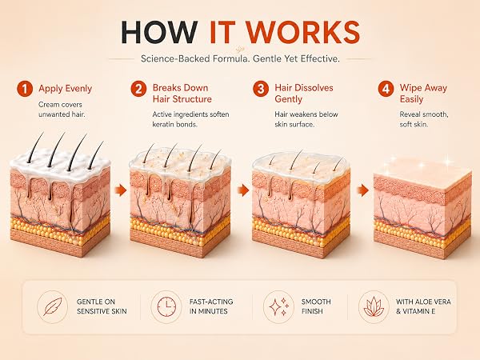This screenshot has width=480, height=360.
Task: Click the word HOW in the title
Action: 159,32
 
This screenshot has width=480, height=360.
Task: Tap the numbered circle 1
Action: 25,89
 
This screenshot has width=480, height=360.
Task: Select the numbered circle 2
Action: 138,89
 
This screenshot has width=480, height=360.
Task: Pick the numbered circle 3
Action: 261,89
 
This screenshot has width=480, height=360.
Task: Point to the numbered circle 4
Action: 386,89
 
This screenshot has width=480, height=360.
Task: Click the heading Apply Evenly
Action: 66,89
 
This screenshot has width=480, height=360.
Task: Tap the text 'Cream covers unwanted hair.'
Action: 62,110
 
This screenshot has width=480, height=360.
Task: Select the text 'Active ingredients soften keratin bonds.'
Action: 190,119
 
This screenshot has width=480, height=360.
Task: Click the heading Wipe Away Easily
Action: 423,94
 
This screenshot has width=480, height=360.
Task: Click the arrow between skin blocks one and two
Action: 121,190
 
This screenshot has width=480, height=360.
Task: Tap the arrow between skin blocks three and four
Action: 362,190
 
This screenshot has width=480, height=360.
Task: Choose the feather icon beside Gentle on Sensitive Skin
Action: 53,306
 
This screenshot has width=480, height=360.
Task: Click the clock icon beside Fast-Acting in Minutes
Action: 166,306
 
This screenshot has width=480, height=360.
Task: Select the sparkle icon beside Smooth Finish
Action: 279,306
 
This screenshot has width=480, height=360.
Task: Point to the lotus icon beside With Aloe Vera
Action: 374,306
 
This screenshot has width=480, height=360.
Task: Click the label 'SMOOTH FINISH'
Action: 316,306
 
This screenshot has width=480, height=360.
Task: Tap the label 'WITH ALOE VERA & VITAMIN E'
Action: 423,306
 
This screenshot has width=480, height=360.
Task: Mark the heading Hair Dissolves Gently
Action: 304,94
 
